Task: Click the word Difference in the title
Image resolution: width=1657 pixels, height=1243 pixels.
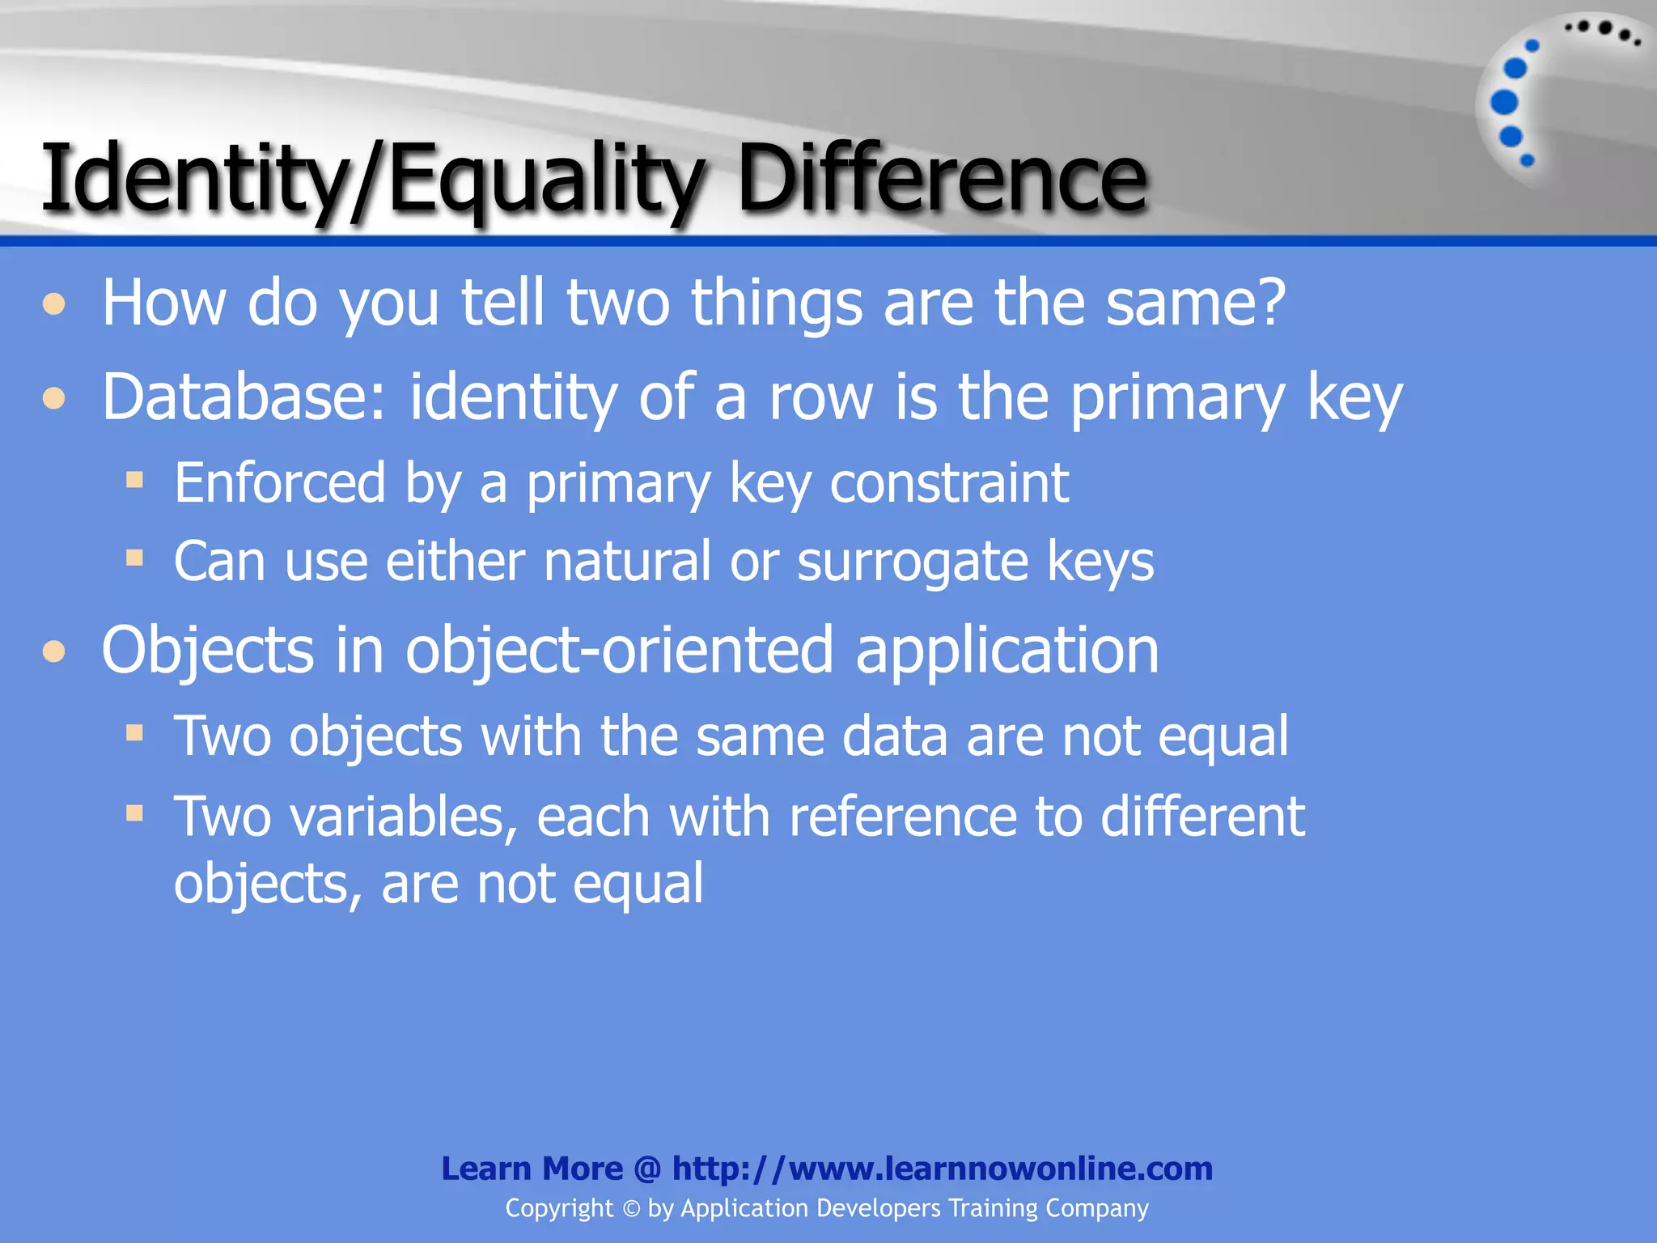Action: pos(942,178)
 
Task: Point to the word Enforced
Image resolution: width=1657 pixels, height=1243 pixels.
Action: pos(280,483)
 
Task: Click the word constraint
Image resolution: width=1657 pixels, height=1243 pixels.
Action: pos(949,483)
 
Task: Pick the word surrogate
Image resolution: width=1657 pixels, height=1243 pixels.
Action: pos(913,562)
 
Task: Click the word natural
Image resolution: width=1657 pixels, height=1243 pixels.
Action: pos(627,561)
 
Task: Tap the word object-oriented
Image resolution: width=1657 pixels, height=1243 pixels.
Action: pos(619,651)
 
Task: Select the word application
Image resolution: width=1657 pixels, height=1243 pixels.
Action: pos(1007,652)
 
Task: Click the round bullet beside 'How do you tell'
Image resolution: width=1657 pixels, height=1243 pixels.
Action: pos(54,304)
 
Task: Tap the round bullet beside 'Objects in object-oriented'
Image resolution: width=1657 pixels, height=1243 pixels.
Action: pos(54,651)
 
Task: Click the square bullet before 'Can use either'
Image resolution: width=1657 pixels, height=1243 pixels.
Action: pos(135,558)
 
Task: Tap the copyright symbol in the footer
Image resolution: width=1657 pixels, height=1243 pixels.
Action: pos(631,1209)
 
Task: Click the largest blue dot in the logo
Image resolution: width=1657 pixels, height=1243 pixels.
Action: pos(1504,103)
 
